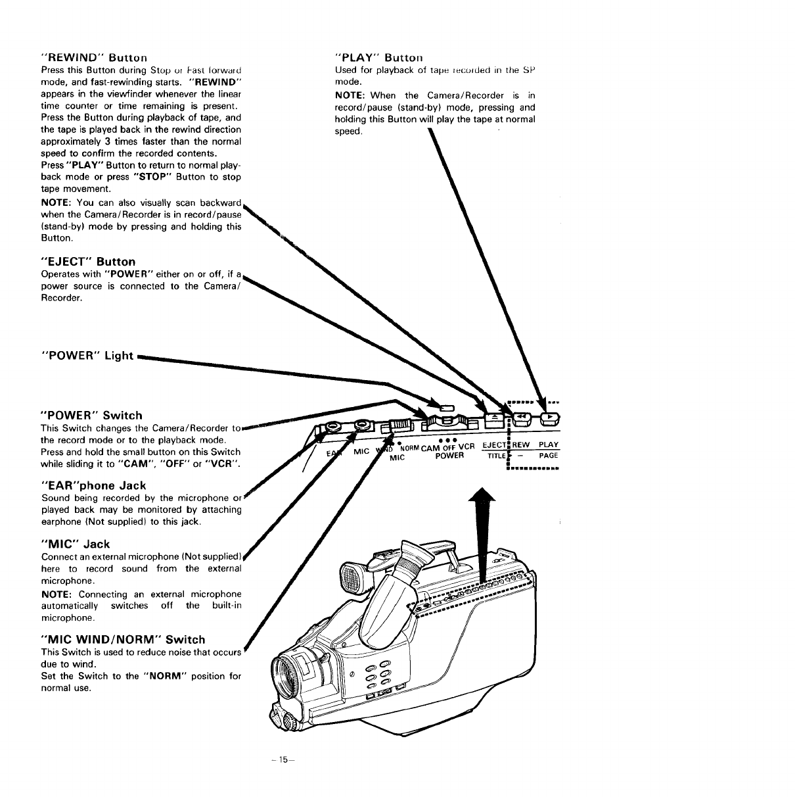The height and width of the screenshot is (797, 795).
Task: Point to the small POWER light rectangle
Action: pyautogui.click(x=447, y=408)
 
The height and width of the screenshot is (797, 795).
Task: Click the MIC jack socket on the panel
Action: pyautogui.click(x=361, y=427)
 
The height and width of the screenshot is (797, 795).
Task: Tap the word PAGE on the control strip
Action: pyautogui.click(x=548, y=455)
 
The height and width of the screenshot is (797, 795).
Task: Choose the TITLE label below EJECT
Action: pyautogui.click(x=497, y=456)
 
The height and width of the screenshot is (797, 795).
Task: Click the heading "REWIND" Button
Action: pyautogui.click(x=94, y=58)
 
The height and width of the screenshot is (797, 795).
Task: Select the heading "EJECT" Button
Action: pyautogui.click(x=88, y=262)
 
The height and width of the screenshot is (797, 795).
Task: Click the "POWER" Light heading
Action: pyautogui.click(x=87, y=356)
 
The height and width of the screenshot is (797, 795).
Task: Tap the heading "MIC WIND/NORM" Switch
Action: pyautogui.click(x=123, y=639)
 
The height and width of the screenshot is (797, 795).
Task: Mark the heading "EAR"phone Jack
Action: pyautogui.click(x=93, y=485)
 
